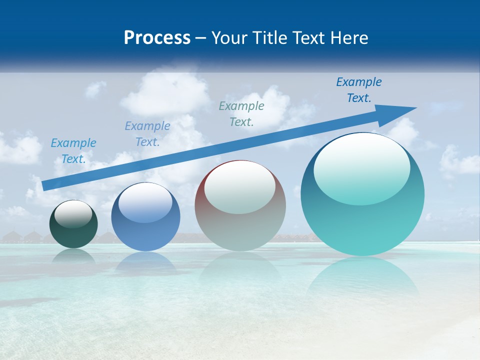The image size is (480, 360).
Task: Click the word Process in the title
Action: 157,38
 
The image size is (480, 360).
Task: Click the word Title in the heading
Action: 270,38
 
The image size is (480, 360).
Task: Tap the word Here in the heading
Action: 349,38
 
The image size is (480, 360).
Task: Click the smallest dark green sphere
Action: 73,224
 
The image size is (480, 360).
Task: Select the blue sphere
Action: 145,217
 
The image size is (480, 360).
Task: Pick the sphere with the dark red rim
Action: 240,205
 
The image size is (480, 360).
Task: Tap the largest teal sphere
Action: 362,194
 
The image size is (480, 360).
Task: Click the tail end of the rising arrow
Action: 44,185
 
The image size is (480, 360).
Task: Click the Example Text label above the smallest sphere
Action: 73,151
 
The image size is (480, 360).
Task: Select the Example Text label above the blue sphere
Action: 147,134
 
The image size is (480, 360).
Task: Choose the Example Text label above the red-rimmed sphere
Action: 241,113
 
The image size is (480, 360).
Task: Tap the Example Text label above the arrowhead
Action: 359,90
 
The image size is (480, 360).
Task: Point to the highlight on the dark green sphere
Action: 73,214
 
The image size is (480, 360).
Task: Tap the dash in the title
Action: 201,38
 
